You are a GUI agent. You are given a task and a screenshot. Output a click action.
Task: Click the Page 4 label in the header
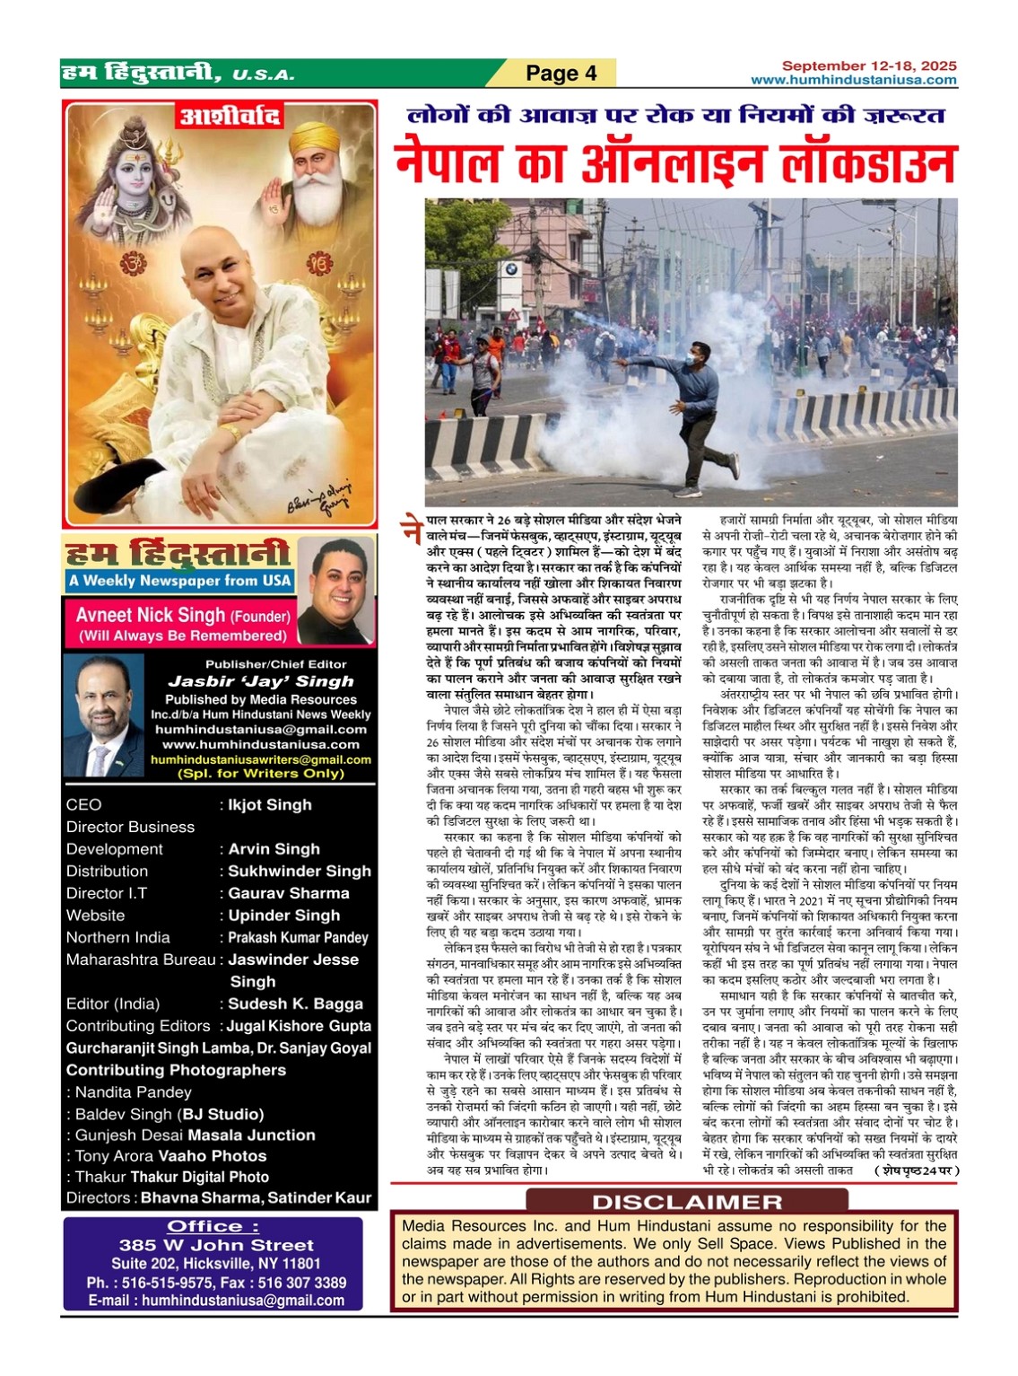pyautogui.click(x=561, y=74)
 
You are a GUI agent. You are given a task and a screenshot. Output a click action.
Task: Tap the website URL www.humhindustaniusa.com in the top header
pyautogui.click(x=853, y=80)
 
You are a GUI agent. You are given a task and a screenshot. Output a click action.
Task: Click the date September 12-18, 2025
pyautogui.click(x=868, y=66)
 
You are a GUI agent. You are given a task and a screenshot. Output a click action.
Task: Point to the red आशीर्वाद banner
pyautogui.click(x=231, y=118)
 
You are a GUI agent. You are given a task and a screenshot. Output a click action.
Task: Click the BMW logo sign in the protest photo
pyautogui.click(x=511, y=267)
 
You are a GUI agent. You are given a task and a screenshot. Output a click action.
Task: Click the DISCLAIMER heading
pyautogui.click(x=686, y=1202)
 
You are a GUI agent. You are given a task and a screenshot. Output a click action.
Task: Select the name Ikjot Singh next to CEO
pyautogui.click(x=270, y=805)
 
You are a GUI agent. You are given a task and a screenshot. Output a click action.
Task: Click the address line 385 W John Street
pyautogui.click(x=216, y=1245)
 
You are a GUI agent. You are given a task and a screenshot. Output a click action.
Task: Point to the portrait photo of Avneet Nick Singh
pyautogui.click(x=335, y=590)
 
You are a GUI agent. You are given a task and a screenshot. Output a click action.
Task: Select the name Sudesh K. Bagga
pyautogui.click(x=295, y=1004)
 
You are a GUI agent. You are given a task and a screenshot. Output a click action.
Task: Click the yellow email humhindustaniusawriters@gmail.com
pyautogui.click(x=260, y=759)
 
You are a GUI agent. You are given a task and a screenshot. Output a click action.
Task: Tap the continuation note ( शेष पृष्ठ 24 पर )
pyautogui.click(x=916, y=1170)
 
